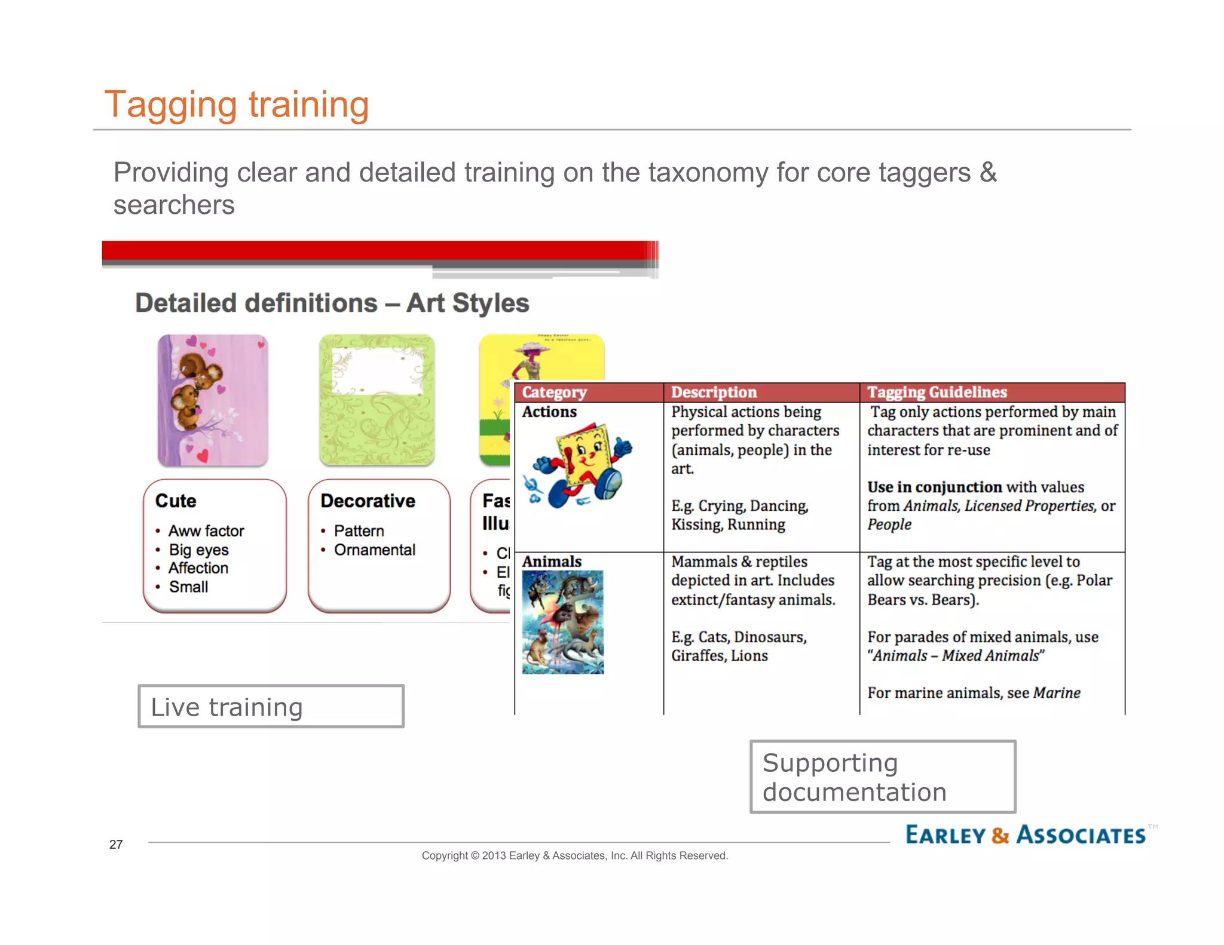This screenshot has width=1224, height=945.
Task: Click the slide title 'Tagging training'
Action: [x=237, y=105]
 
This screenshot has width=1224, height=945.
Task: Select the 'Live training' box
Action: [x=271, y=707]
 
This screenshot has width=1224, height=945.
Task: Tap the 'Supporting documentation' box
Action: [x=883, y=777]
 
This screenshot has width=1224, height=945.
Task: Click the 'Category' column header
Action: [x=554, y=392]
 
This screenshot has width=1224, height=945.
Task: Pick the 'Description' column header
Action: [x=714, y=392]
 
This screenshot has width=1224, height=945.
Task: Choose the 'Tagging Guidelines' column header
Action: [x=937, y=392]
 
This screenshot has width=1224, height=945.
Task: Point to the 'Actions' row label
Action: [x=549, y=412]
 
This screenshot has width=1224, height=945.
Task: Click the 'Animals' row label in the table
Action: [x=552, y=562]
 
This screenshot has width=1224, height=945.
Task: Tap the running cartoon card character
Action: [x=578, y=467]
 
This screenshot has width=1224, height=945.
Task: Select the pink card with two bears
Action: [x=213, y=400]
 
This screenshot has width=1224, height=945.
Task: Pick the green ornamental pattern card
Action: [x=377, y=400]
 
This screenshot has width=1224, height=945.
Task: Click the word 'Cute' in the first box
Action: [x=176, y=501]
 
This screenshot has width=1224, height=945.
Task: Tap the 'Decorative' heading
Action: [x=368, y=501]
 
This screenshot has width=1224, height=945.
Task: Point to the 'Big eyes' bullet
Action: [x=198, y=550]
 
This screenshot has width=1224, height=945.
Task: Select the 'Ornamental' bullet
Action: [x=374, y=550]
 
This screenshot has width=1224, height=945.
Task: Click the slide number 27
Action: [x=116, y=844]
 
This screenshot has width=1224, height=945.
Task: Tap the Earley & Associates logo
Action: [x=1026, y=834]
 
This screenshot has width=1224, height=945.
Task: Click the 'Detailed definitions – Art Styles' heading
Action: [x=332, y=303]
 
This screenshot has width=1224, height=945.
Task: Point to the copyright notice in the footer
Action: [x=574, y=855]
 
